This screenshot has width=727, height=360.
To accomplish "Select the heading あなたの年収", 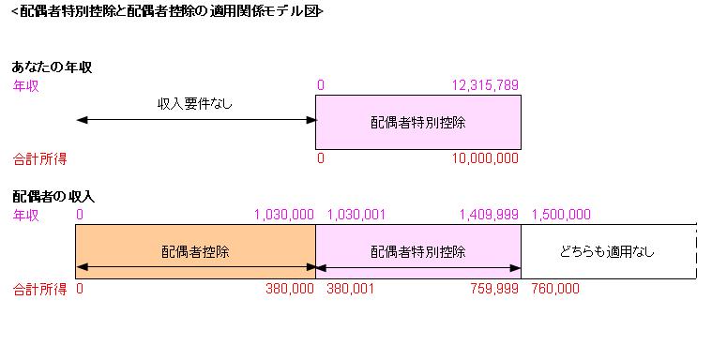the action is tap(52, 67).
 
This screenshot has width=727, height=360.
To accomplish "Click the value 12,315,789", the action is tap(485, 85).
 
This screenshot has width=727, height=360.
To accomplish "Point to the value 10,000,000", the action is tap(485, 158).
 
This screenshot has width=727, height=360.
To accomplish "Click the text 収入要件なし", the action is tap(194, 103).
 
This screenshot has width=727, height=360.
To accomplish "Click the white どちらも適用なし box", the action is tap(608, 251).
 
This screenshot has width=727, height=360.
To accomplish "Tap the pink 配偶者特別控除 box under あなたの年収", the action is tap(418, 123).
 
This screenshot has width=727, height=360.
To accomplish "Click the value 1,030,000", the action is tap(283, 215).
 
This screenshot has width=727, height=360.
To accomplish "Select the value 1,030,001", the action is tap(356, 215).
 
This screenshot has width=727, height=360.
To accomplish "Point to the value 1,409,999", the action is tap(488, 215).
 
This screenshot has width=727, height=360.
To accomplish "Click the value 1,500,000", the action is tap(561, 215).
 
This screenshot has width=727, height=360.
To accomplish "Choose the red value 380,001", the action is tap(350, 289).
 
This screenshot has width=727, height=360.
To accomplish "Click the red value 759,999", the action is tap(494, 289).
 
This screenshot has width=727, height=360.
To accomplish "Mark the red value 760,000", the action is tap(555, 289).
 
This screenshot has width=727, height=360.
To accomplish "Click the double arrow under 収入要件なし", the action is tap(195, 120).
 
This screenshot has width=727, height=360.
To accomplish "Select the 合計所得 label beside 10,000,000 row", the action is tap(39, 158).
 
